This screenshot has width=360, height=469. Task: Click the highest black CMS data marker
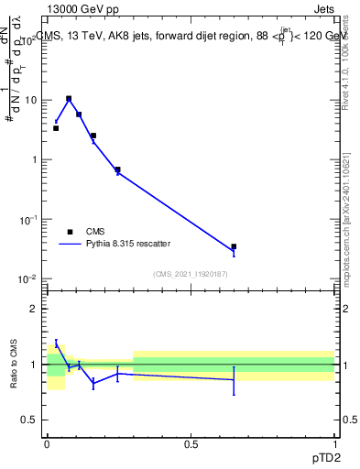click(69, 99)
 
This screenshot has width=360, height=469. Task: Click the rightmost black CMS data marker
click(234, 246)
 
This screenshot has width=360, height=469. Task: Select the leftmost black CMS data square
click(56, 128)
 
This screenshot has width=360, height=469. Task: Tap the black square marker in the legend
click(70, 232)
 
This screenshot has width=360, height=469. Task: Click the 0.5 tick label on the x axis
click(191, 444)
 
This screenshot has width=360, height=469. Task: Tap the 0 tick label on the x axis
click(47, 444)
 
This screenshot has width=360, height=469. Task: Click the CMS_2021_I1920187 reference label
click(191, 274)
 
